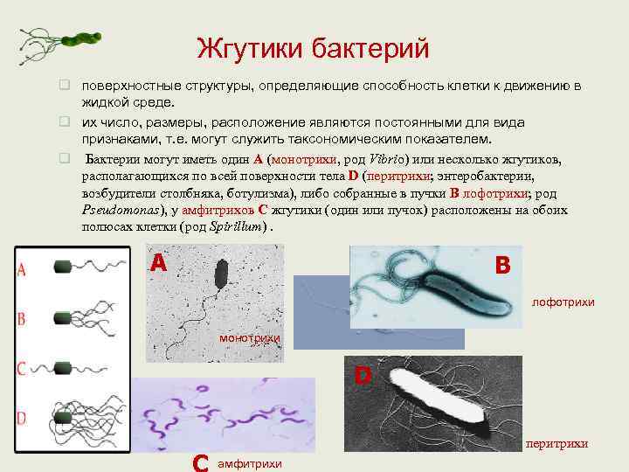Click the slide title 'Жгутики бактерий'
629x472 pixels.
coord(313,47)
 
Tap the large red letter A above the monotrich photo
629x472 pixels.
coord(157,263)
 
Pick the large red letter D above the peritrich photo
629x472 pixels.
coord(363,377)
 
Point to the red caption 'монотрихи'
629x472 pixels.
coord(250,337)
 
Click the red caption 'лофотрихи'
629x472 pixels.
coord(563,302)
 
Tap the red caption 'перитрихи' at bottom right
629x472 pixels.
coord(556,444)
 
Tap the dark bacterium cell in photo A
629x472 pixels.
coord(221,274)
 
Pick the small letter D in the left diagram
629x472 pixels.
coord(21,415)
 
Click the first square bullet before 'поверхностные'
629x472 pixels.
coord(64,87)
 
